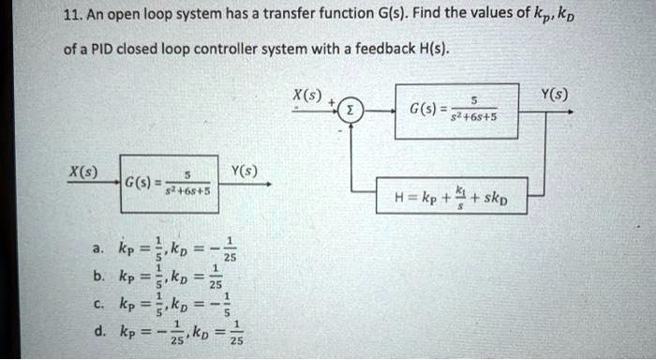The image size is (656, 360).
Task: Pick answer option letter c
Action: [97, 304]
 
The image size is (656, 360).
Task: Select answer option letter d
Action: [97, 333]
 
